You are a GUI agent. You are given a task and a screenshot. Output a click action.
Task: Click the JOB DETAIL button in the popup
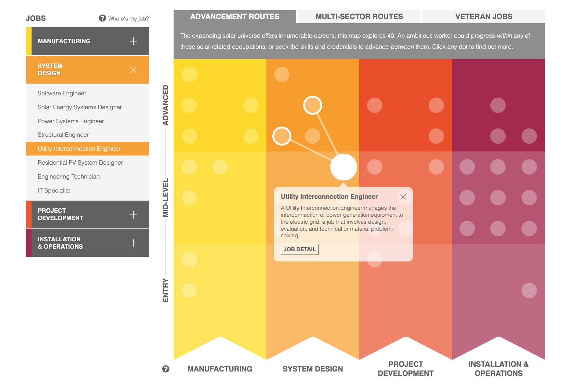pos(299,249)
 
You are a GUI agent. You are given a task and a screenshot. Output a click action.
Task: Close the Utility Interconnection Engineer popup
pos(403,197)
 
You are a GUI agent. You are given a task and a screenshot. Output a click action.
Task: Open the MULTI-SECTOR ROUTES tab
pos(359,17)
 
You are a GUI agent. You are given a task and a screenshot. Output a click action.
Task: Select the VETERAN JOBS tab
pos(483,17)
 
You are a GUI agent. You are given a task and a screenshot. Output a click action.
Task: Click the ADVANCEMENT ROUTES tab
pos(235,17)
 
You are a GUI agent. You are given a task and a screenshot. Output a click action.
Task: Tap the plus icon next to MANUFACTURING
pos(134,41)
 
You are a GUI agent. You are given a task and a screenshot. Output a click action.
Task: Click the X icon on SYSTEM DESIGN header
pos(134,70)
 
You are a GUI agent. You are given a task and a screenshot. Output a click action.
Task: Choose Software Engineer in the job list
pos(62,94)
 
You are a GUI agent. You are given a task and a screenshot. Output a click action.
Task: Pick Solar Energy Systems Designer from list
pos(80,107)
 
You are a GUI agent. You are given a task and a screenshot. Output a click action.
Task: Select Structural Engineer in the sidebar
pos(63,135)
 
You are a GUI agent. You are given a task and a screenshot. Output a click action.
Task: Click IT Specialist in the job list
pos(54,191)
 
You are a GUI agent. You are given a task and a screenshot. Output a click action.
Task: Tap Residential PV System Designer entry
pos(80,163)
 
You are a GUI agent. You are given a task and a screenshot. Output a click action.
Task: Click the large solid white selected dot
pos(344,167)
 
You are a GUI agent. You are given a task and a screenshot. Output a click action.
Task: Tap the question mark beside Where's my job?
pos(102,18)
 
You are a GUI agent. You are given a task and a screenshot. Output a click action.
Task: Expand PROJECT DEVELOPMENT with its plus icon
pos(134,215)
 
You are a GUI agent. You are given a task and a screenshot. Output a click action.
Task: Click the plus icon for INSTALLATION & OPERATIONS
pos(134,243)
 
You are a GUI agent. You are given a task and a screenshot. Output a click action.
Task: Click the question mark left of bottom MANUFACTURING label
pos(166,369)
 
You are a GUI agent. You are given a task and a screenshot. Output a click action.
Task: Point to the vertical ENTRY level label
pos(166,290)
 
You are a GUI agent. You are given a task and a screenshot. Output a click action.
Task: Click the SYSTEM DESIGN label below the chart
pos(313,369)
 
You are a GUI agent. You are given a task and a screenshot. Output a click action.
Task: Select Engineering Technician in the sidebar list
pos(69,177)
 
